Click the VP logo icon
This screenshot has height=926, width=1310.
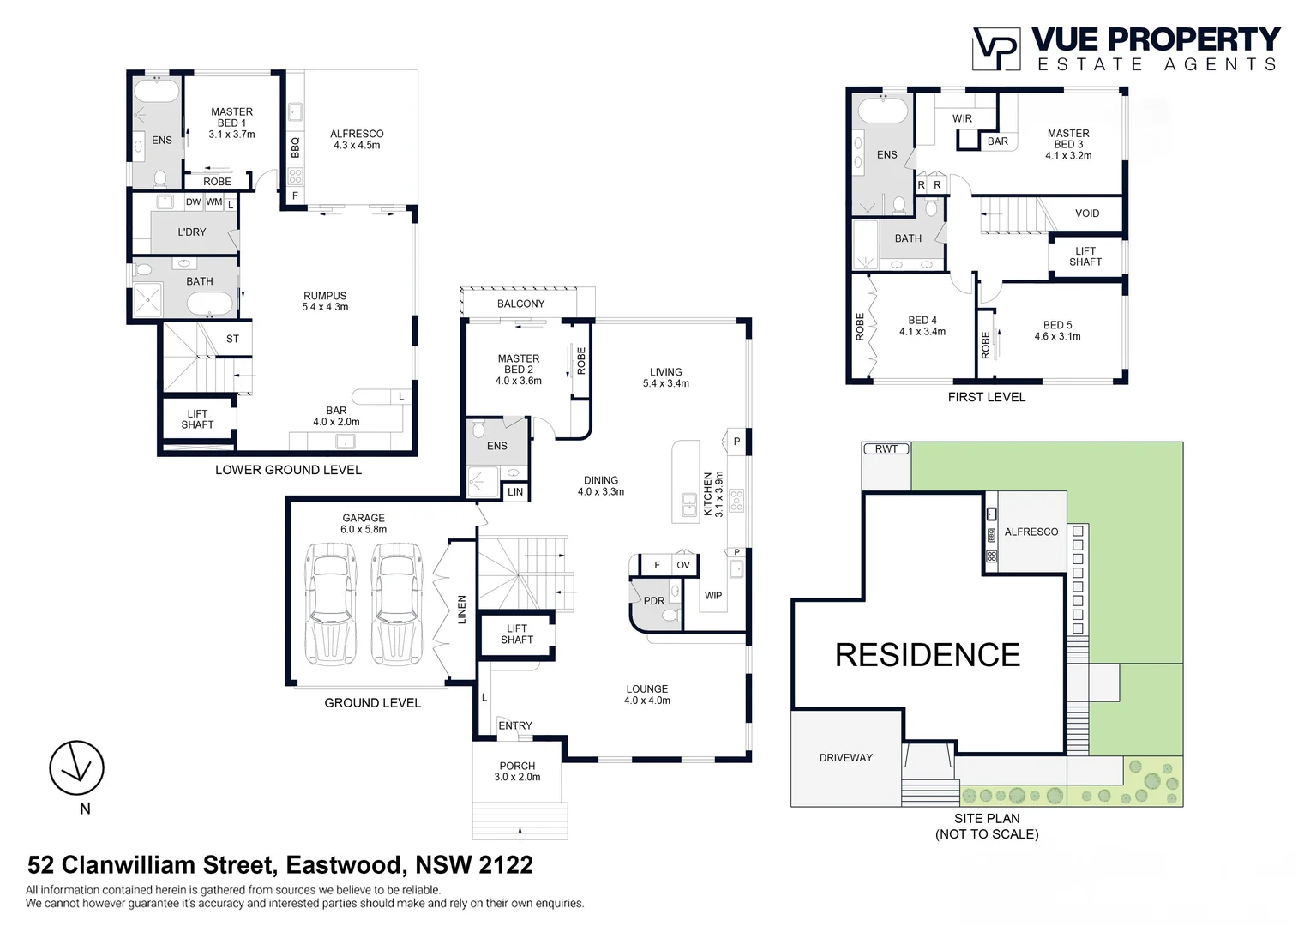995,49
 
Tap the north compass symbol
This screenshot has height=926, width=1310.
76,767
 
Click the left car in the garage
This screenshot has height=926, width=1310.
331,605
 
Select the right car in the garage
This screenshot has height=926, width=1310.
396,605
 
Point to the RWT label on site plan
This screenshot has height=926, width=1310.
886,449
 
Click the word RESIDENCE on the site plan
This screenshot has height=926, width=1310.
927,655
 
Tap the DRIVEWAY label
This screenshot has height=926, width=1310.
845,758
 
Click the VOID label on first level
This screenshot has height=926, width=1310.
1086,213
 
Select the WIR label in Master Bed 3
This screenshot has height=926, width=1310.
962,118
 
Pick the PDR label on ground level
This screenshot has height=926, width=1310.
653,601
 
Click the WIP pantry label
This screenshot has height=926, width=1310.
713,595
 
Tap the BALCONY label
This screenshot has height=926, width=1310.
520,304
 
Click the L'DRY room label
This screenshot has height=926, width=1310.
192,232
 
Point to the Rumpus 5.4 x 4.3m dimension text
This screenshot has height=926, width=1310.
325,307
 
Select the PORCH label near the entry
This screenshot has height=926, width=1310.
517,766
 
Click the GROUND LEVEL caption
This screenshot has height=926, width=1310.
372,703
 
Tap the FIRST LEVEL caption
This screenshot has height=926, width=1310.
986,397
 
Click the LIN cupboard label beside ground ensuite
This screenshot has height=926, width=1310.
515,492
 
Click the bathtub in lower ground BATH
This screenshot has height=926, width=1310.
209,304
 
